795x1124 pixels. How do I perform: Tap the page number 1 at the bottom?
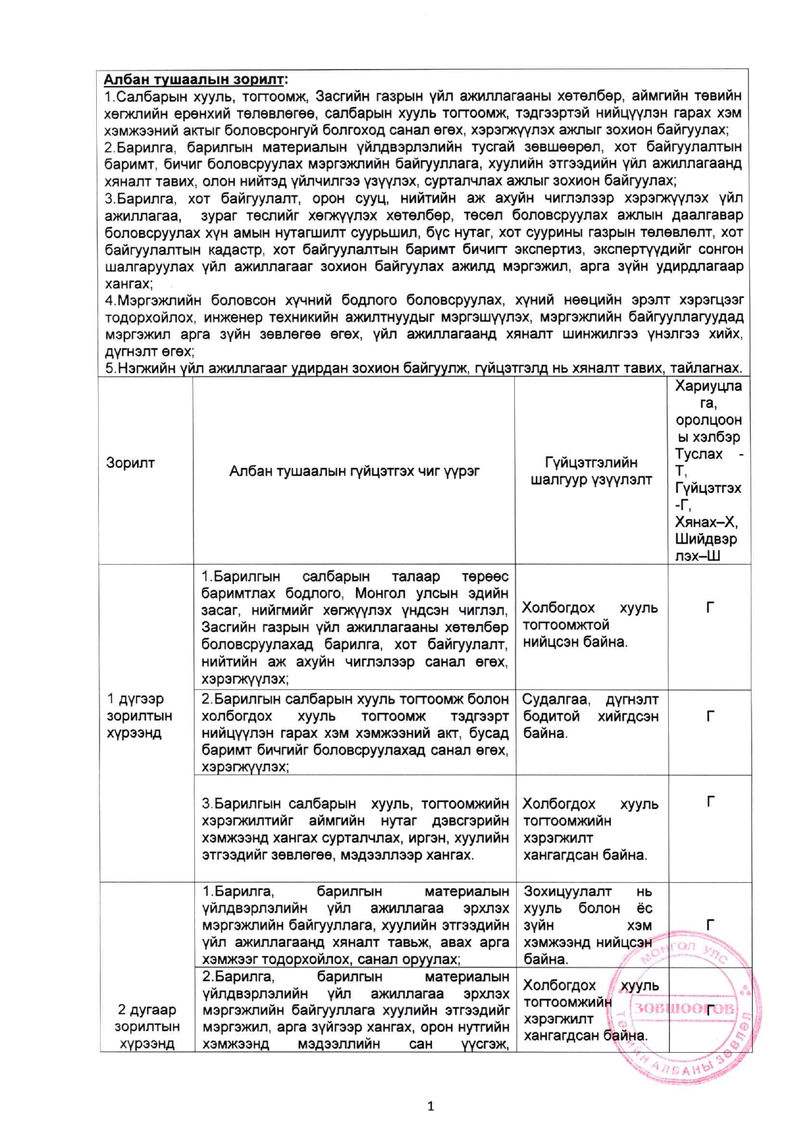(430, 1105)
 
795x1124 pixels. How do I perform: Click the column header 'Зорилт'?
(130, 463)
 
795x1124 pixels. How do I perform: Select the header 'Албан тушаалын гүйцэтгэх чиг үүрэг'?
(355, 471)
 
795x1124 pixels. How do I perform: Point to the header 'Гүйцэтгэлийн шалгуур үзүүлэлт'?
(591, 471)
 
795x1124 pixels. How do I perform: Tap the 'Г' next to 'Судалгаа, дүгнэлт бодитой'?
(710, 716)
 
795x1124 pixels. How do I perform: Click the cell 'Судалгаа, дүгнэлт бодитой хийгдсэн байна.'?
(590, 716)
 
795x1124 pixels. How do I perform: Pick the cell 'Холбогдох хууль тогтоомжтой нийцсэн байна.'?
(590, 625)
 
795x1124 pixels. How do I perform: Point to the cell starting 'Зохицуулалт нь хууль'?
(588, 925)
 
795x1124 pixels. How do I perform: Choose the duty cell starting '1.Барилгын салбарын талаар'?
(355, 627)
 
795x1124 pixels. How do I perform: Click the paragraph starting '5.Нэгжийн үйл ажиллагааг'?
(423, 368)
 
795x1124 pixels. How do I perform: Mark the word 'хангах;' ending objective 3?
(128, 283)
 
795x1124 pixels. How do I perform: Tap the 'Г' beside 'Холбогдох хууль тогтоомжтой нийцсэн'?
(710, 607)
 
